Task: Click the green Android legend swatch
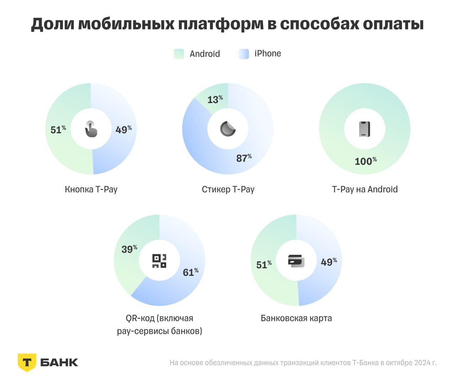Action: point(179,54)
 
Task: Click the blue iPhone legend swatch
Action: point(244,54)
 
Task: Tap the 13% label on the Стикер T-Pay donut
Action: point(215,100)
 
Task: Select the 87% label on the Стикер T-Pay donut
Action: point(244,158)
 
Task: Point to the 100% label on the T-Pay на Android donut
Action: point(365,161)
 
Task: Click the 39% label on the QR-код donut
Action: point(129,249)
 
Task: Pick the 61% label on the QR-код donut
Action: point(191,272)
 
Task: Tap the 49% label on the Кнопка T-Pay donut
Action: point(123,130)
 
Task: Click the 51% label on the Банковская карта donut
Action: point(264,265)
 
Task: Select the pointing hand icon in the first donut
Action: point(91,129)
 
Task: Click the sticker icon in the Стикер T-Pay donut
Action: point(228,129)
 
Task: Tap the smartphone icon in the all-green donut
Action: point(365,129)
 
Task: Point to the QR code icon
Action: point(159,261)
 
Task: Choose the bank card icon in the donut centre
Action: point(296,261)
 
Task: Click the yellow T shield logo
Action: point(27,362)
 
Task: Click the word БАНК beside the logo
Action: point(59,363)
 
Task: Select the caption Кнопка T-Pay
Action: point(91,189)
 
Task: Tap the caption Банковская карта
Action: point(296,318)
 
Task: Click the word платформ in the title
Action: point(221,24)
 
